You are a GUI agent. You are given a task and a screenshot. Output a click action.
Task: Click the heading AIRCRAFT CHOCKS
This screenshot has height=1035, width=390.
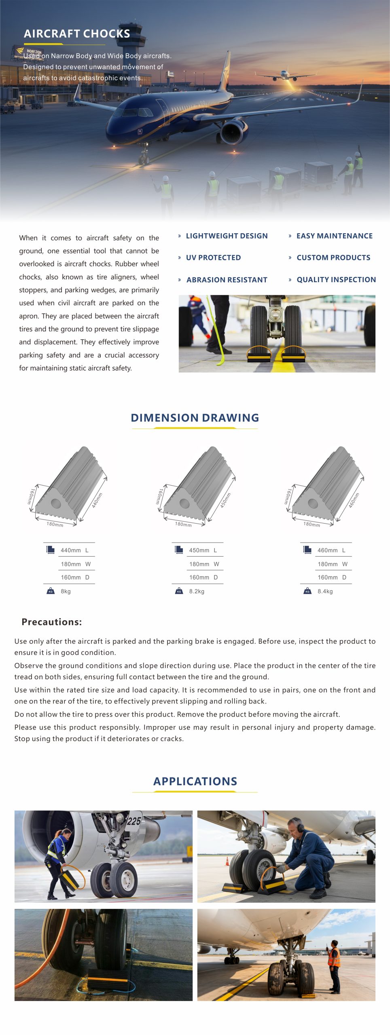coord(77,34)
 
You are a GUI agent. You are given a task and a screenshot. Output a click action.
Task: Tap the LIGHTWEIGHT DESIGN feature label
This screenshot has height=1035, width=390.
coord(227,236)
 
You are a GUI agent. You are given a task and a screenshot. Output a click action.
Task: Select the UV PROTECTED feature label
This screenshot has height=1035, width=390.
coord(213,258)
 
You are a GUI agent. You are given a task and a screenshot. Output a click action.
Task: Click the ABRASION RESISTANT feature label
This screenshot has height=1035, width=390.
coord(227,280)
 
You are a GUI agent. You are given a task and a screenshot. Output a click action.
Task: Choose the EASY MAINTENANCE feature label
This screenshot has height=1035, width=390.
coord(334,236)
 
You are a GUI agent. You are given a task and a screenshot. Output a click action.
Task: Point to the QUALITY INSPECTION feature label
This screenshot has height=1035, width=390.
coord(336,280)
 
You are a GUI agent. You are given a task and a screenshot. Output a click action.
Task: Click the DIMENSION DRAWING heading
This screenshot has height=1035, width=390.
coord(195,418)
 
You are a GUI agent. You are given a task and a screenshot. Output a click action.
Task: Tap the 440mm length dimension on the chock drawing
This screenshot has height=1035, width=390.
coord(97,500)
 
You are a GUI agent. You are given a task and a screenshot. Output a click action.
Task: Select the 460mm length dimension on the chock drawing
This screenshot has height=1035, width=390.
coord(354,500)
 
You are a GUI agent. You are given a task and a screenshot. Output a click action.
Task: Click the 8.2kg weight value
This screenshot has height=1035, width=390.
coord(197,591)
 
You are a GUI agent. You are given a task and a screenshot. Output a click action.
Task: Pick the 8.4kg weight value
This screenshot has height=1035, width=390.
coord(325,591)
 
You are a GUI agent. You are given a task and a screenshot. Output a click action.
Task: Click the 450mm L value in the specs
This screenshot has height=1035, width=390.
coord(199,550)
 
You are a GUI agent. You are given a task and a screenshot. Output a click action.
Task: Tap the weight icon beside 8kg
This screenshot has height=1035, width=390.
coord(51,591)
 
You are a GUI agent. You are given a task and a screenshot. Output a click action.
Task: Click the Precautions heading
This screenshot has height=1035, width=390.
coord(52,622)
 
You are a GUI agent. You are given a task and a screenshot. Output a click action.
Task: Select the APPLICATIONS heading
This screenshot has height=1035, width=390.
coord(195,781)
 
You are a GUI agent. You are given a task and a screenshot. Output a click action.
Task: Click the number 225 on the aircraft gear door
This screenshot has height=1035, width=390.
coord(134,821)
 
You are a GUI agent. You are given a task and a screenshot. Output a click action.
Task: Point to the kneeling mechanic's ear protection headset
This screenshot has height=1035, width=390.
coord(300,826)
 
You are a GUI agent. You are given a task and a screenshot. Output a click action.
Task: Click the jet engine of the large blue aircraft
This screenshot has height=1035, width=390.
coord(233,132)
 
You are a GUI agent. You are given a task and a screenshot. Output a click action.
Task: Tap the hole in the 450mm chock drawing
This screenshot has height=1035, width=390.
coord(184,503)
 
